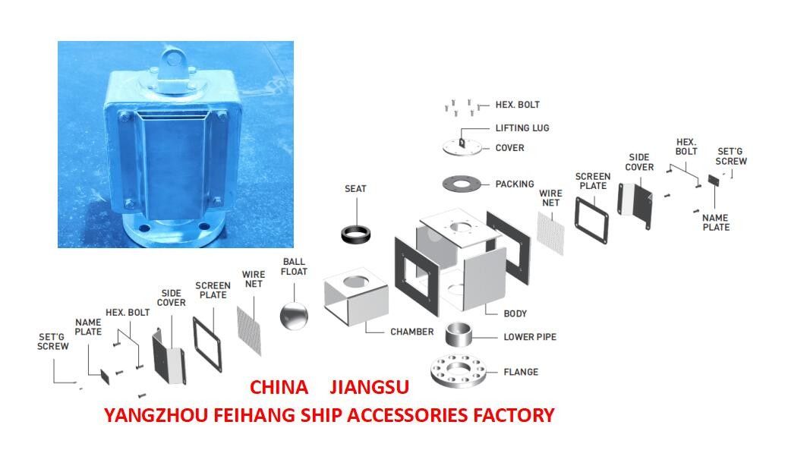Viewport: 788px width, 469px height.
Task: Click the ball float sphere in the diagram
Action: click(x=294, y=314)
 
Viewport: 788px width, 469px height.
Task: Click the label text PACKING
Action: click(x=514, y=184)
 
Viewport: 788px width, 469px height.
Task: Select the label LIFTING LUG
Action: click(x=522, y=128)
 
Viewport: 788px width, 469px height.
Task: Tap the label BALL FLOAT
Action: click(x=294, y=266)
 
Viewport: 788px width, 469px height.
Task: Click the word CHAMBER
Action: click(x=411, y=332)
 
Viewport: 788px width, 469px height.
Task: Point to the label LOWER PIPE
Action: click(x=530, y=337)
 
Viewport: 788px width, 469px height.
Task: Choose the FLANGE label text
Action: click(x=520, y=372)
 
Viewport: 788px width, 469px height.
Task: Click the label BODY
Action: click(x=515, y=313)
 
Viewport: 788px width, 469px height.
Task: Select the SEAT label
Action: click(x=355, y=188)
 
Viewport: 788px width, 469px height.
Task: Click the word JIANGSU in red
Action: click(x=369, y=387)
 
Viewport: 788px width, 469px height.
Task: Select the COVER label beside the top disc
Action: click(x=509, y=148)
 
